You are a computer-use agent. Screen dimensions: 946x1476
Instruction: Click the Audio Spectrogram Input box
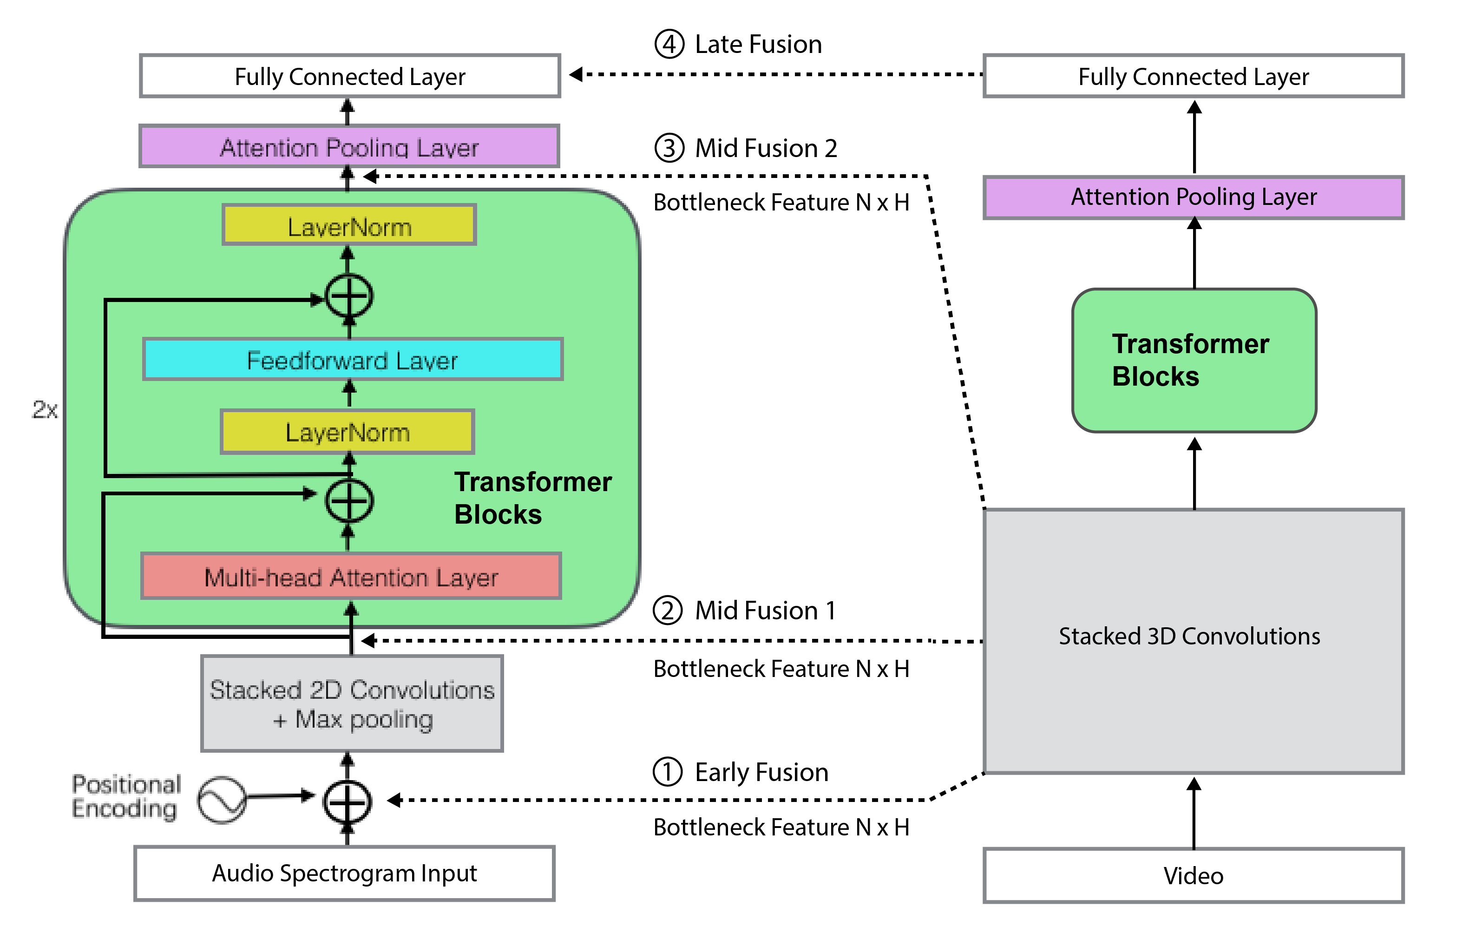[344, 873]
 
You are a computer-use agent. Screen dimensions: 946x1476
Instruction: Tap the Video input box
[1193, 875]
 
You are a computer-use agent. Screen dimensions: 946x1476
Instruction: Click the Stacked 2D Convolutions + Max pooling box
[352, 703]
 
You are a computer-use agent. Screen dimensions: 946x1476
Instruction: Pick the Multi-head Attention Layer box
[351, 576]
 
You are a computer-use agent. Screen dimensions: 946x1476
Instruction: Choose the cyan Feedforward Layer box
[353, 359]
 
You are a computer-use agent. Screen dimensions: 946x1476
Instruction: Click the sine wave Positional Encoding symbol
[221, 799]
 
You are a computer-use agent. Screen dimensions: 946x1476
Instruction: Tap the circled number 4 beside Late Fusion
[669, 44]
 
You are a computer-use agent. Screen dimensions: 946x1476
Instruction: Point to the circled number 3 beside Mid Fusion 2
[669, 148]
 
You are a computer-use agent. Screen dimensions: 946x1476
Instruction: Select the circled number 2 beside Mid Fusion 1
[668, 610]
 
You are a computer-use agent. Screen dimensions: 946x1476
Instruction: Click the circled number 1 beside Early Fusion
[668, 772]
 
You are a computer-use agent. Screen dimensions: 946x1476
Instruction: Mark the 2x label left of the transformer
[44, 410]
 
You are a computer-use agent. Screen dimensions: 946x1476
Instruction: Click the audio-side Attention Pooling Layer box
[349, 147]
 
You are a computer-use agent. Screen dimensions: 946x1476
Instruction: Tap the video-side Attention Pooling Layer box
[1193, 197]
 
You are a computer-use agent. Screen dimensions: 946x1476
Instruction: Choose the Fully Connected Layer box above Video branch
[1193, 76]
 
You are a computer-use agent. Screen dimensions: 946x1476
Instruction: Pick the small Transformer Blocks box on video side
[1194, 360]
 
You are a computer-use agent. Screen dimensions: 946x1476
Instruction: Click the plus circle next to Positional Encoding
[348, 801]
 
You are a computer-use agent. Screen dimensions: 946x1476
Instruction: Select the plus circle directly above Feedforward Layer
[349, 296]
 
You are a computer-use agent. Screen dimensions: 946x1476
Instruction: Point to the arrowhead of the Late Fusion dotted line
[576, 74]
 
